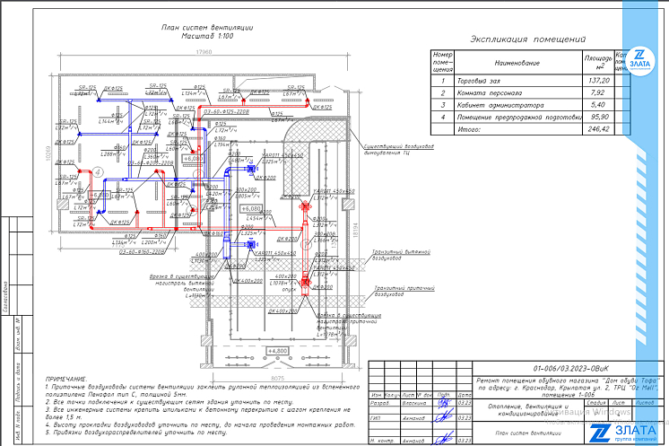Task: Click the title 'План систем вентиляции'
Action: tap(207, 29)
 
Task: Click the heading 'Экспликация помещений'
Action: tap(528, 39)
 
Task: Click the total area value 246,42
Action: tap(598, 128)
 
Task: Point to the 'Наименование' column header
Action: tap(517, 64)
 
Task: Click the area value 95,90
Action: tap(598, 117)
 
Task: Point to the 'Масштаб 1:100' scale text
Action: tap(207, 38)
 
